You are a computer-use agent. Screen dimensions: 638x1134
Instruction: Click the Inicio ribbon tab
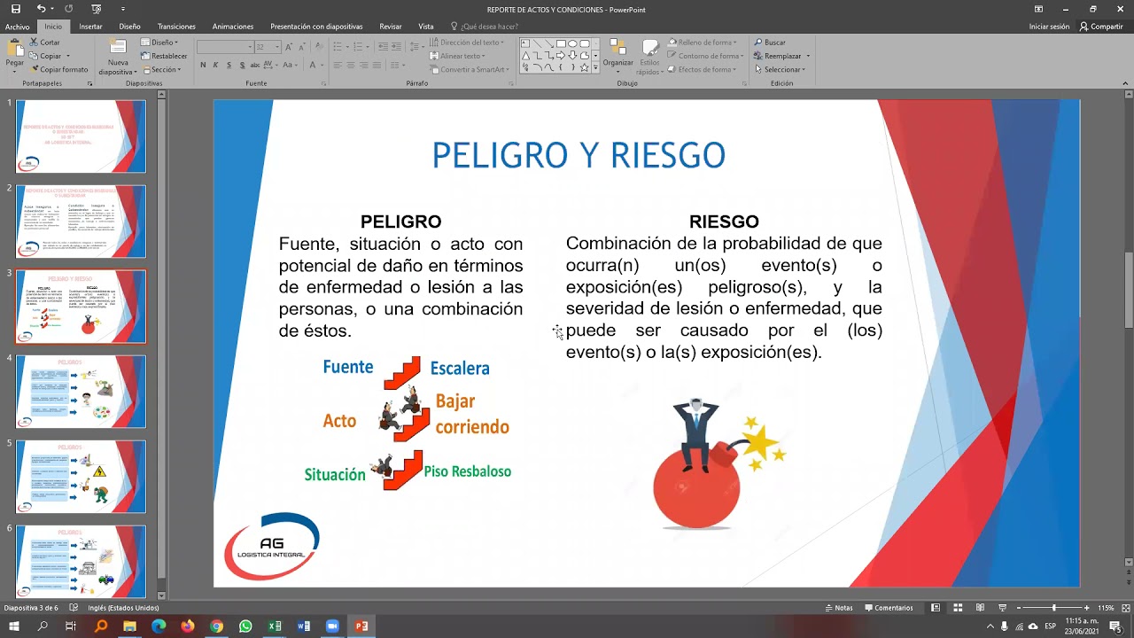pyautogui.click(x=53, y=27)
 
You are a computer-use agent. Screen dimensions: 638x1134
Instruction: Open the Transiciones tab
pyautogui.click(x=176, y=27)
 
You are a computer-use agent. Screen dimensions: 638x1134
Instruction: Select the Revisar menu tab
pyautogui.click(x=391, y=27)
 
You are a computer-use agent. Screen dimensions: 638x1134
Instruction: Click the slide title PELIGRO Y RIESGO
pyautogui.click(x=579, y=156)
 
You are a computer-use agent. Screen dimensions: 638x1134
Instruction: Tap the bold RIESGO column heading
pyautogui.click(x=724, y=222)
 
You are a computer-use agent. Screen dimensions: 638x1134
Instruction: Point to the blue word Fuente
pyautogui.click(x=348, y=367)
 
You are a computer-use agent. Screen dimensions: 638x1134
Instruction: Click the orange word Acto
pyautogui.click(x=339, y=422)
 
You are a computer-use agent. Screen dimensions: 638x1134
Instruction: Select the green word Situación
pyautogui.click(x=335, y=475)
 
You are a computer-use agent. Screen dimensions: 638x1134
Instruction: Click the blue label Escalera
pyautogui.click(x=460, y=369)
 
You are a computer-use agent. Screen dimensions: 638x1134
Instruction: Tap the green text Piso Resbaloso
pyautogui.click(x=468, y=471)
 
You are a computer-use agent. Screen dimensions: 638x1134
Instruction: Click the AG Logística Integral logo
pyautogui.click(x=271, y=546)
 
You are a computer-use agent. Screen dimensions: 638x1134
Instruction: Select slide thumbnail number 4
pyautogui.click(x=81, y=391)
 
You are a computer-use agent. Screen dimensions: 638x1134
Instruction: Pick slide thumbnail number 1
pyautogui.click(x=81, y=136)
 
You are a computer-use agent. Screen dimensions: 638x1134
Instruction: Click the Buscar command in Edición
pyautogui.click(x=770, y=43)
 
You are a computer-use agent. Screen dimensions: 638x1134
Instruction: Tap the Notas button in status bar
pyautogui.click(x=839, y=608)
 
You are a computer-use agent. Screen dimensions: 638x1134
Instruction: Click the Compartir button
pyautogui.click(x=1101, y=27)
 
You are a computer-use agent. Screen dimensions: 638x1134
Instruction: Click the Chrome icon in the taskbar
pyautogui.click(x=217, y=626)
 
